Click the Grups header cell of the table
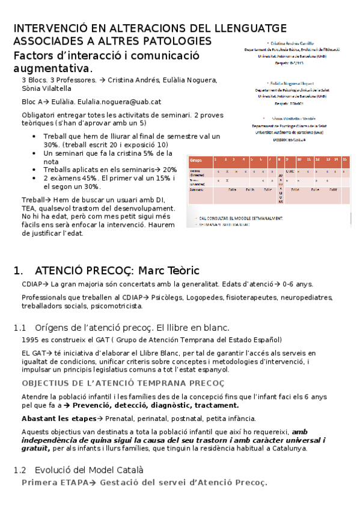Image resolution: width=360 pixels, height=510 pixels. pyautogui.click(x=196, y=160)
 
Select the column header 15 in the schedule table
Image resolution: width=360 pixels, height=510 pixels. pyautogui.click(x=345, y=160)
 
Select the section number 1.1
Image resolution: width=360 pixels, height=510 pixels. pyautogui.click(x=20, y=328)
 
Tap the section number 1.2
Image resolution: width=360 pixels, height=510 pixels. pyautogui.click(x=20, y=469)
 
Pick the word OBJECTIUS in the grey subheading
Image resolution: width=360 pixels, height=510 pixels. pyautogui.click(x=44, y=383)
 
